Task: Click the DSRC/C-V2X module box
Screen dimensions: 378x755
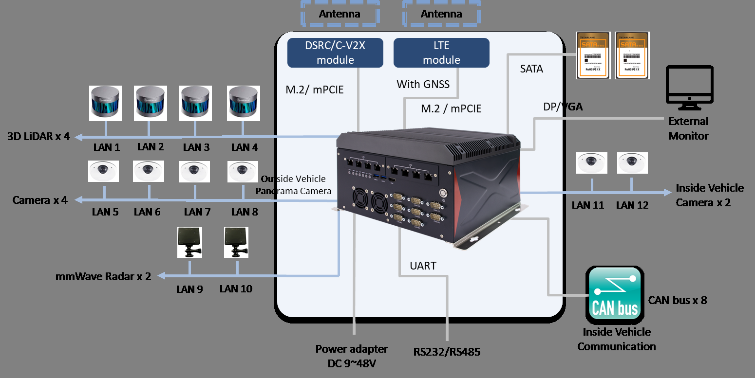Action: pos(335,53)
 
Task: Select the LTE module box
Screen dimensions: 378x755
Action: pos(441,53)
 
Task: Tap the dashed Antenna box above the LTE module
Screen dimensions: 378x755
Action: pos(441,14)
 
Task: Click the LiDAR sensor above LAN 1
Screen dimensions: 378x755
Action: pos(105,103)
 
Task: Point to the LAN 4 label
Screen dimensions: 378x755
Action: pos(244,147)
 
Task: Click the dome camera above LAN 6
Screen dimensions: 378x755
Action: pos(149,171)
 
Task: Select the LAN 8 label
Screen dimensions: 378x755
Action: pos(244,212)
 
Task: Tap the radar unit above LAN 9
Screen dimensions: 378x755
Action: pos(189,242)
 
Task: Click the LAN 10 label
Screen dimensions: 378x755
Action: pos(236,289)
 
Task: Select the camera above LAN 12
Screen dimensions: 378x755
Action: pos(633,163)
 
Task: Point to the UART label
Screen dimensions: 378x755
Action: pos(423,266)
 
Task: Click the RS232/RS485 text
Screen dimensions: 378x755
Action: pos(447,352)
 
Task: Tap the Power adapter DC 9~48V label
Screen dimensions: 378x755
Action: pos(352,356)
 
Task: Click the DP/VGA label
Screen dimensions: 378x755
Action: pos(563,107)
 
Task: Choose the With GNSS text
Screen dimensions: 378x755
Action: pos(423,85)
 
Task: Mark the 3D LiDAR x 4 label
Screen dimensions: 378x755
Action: pos(39,136)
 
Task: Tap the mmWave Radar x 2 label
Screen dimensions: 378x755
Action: pos(103,276)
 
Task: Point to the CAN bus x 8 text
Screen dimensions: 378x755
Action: pos(677,300)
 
